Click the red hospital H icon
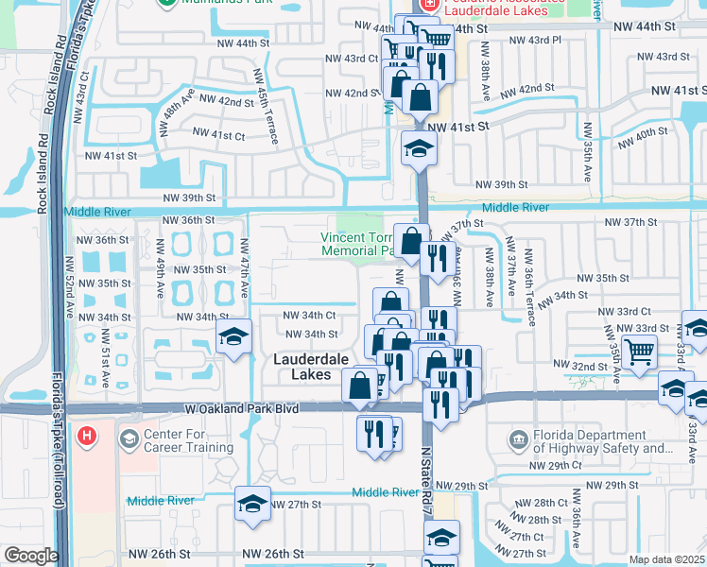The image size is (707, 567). pos(86,436)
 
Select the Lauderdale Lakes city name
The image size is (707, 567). pos(310,367)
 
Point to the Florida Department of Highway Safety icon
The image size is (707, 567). pos(517,440)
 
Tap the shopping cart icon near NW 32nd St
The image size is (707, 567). pos(641,352)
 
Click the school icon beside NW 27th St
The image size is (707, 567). pos(252,504)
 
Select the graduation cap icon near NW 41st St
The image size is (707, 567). pos(419,147)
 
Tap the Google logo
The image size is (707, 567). pos(31,556)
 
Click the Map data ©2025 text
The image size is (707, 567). pos(666,559)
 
